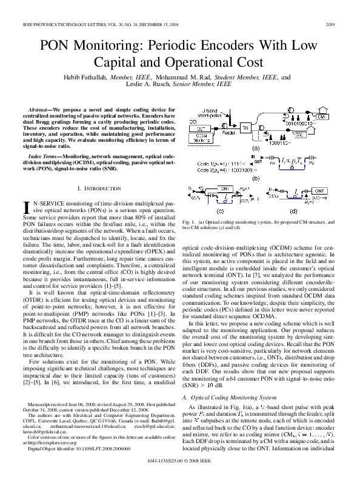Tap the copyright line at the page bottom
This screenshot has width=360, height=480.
(180, 467)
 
